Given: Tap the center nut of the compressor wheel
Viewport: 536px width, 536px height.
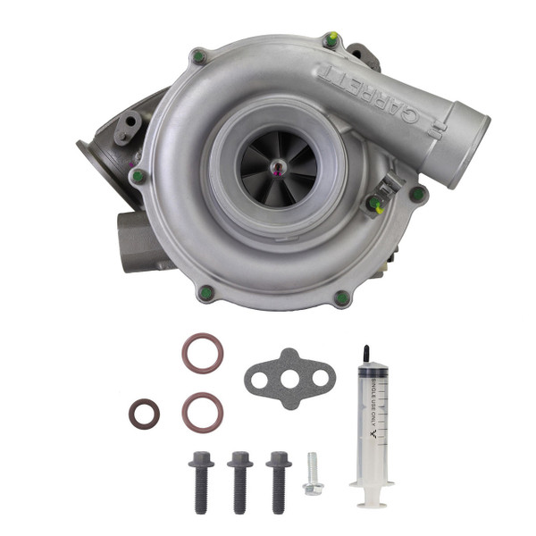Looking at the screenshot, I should click(280, 168).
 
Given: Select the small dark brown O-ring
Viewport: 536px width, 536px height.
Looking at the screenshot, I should click(144, 414).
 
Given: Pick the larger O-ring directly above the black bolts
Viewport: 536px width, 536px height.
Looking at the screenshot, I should click(202, 410).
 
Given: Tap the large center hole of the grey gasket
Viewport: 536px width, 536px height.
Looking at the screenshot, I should click(290, 377).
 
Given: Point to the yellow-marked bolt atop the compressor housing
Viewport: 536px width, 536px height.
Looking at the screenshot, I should click(331, 39).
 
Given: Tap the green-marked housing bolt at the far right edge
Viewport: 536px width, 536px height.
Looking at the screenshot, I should click(416, 192).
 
